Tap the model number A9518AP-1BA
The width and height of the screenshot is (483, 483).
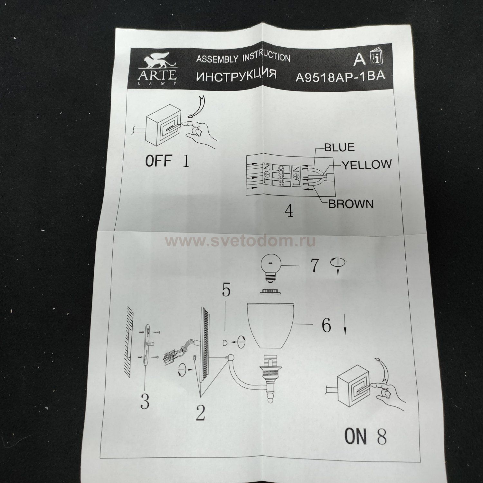340,78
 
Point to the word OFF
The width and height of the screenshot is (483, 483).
158,161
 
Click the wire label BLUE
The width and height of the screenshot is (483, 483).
339,147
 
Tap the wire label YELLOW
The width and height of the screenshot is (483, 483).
366,165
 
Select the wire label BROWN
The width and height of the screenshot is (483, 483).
351,204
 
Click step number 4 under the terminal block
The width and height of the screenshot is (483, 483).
289,212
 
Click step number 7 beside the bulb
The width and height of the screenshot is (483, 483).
314,266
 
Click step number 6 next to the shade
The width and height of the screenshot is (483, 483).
326,326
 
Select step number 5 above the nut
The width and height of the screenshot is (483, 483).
226,291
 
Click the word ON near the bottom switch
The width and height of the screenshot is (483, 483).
355,436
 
